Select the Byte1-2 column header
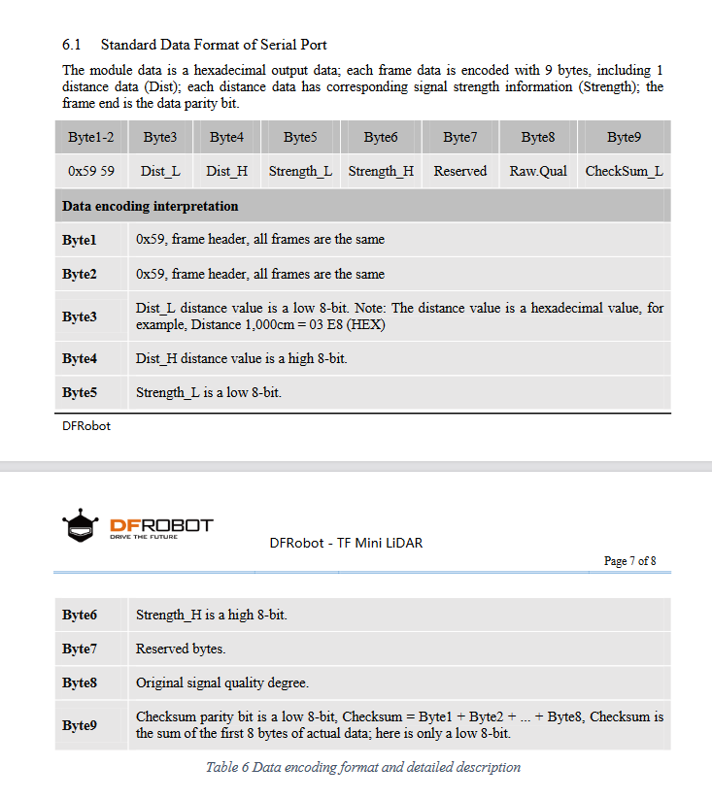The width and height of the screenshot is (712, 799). point(91,138)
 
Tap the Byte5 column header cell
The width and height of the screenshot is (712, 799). point(299,138)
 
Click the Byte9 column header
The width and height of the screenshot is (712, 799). point(624,138)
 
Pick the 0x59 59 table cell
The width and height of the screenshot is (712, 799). point(91,171)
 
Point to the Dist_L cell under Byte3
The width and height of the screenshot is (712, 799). point(159,171)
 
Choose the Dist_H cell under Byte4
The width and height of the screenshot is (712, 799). point(226,171)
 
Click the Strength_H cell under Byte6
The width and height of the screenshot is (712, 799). point(381,171)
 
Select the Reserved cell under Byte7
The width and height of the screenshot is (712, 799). point(459,171)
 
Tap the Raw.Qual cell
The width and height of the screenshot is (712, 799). point(538,171)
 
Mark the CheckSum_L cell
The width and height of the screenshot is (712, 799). point(624,171)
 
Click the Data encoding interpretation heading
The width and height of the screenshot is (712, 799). point(151,206)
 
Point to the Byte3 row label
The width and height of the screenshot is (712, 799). point(80,316)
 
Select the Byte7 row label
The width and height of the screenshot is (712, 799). point(80,649)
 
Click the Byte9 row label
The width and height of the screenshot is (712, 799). point(80,725)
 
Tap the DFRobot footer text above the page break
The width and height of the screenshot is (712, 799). point(86,426)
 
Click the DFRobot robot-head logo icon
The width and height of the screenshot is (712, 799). point(80,527)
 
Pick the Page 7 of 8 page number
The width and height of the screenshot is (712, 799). point(629,561)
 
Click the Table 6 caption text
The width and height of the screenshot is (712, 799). point(362,767)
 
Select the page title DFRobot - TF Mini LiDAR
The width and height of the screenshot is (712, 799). point(346,543)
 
